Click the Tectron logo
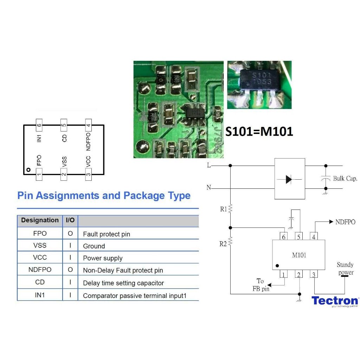[x=335, y=301]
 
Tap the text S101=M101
[x=259, y=131]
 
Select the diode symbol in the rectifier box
[x=289, y=179]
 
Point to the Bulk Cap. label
[x=345, y=179]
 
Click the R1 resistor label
[x=224, y=209]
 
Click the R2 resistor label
[x=223, y=244]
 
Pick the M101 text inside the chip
[x=299, y=255]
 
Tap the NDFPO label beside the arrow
[x=345, y=222]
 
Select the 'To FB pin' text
[x=261, y=285]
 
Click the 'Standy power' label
[x=345, y=269]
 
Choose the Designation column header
[x=40, y=220]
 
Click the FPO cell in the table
[x=40, y=233]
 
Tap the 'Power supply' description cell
[x=103, y=258]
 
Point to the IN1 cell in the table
[x=40, y=295]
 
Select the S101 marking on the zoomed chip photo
[x=262, y=75]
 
